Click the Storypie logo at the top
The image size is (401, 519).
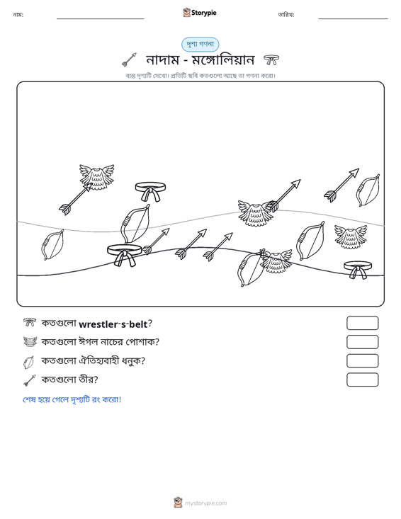(200, 13)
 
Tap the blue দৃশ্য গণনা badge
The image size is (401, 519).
(200, 45)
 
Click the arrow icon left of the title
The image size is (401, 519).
(129, 59)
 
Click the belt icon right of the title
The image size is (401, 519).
(271, 60)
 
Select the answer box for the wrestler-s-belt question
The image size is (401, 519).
(362, 323)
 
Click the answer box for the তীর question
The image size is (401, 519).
(362, 380)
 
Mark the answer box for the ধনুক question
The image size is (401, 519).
(362, 361)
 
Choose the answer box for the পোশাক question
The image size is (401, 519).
(362, 342)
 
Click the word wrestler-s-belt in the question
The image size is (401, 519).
(113, 324)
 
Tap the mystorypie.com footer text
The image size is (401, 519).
(206, 503)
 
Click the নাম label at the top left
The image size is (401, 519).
(18, 15)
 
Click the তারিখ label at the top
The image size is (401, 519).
(286, 15)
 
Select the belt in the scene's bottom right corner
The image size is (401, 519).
(358, 269)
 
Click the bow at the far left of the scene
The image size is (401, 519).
(52, 244)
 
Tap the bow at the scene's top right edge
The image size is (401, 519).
(368, 190)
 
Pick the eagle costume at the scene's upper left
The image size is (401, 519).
(96, 177)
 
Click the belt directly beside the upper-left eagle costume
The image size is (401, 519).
(150, 190)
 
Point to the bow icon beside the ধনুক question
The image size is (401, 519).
(29, 362)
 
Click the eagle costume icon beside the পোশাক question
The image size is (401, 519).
(30, 341)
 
